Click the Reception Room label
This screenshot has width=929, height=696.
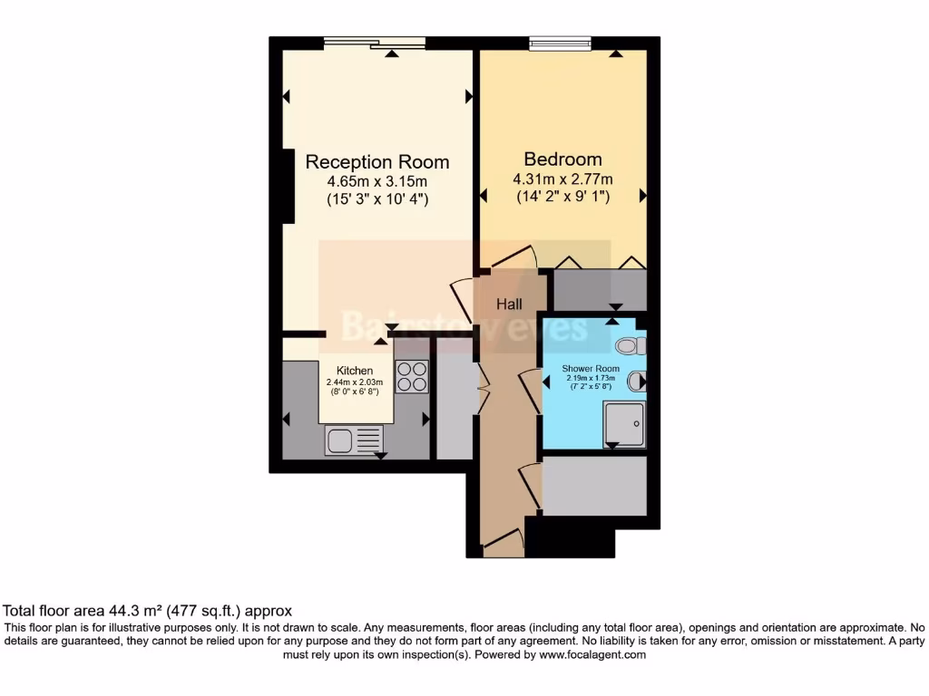(376, 162)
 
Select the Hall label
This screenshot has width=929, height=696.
(509, 304)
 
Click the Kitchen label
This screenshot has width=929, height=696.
(355, 371)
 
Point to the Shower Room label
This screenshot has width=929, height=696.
(591, 368)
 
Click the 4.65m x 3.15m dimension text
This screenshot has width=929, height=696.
(376, 182)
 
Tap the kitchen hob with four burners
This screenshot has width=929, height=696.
(412, 376)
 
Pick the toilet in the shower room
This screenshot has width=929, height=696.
(630, 345)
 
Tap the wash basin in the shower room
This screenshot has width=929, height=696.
(637, 382)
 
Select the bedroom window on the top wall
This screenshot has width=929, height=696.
(560, 43)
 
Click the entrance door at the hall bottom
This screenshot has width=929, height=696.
(504, 545)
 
